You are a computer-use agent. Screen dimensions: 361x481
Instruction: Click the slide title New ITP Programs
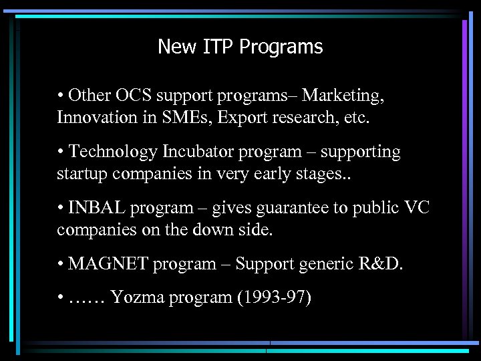click(x=240, y=47)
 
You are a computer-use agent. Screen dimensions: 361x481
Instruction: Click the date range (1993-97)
click(x=275, y=297)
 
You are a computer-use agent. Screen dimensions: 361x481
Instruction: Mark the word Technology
click(x=110, y=152)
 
